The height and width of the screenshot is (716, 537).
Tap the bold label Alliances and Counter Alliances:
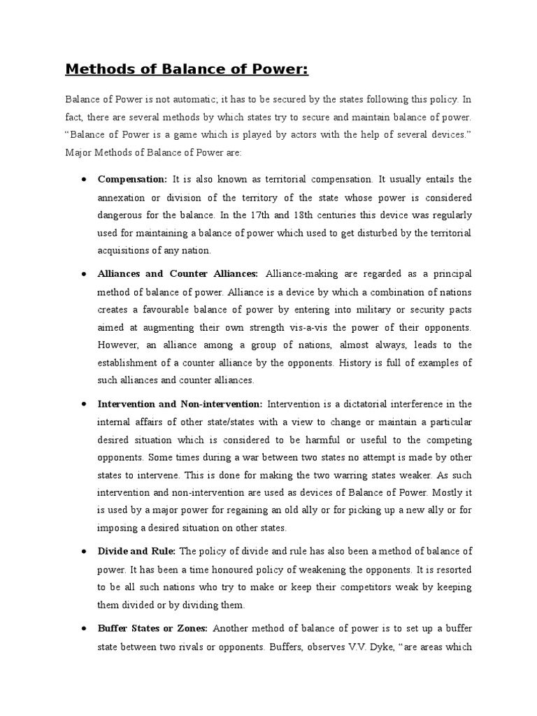(178, 273)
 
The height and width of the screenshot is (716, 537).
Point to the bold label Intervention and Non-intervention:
(180, 403)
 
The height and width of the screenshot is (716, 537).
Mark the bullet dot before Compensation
(83, 179)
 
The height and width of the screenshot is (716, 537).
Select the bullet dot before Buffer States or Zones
(83, 629)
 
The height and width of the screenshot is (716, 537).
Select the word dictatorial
(364, 403)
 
